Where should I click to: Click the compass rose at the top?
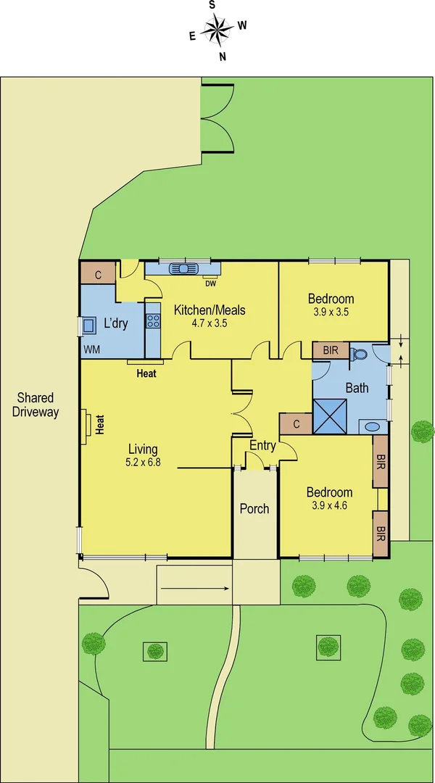[217, 29]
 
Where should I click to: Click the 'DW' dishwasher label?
[210, 283]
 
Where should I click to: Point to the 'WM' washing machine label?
[92, 349]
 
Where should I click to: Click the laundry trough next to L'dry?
[91, 325]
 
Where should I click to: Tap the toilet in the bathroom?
[359, 354]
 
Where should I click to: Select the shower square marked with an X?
[330, 415]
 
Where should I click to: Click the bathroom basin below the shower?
[372, 426]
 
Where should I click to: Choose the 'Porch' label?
[254, 509]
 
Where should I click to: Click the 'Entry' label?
[262, 446]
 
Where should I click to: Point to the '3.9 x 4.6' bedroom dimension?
[329, 506]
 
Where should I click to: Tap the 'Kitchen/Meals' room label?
[210, 310]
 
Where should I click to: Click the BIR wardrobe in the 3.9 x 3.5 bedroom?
[331, 350]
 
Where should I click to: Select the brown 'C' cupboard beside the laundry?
[98, 273]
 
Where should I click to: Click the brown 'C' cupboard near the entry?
[296, 424]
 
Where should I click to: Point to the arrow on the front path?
[194, 588]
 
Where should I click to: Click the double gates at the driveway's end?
[217, 117]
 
